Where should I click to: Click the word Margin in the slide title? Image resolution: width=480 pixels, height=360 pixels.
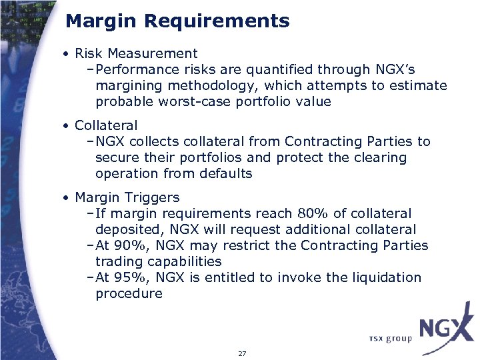[x=102, y=21]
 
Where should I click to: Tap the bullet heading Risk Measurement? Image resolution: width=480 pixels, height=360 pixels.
[x=136, y=53]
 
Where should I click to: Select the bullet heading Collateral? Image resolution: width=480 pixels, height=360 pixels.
[x=106, y=125]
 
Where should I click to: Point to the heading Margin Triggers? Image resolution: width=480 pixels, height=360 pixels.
[x=127, y=197]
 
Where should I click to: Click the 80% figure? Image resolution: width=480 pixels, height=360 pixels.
[x=311, y=213]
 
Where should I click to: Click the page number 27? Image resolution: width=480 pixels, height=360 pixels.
[x=242, y=353]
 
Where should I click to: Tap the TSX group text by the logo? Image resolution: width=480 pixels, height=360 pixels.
[x=389, y=339]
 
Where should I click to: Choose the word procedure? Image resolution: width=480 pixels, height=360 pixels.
[x=129, y=293]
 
